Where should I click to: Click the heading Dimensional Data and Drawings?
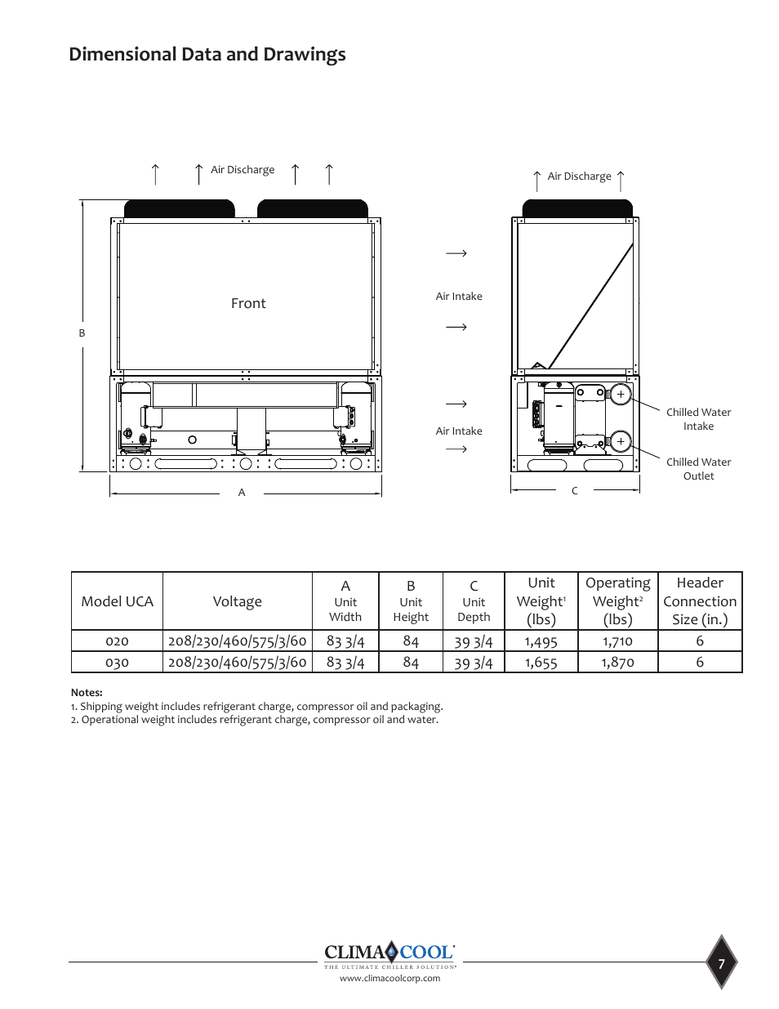pyautogui.click(x=207, y=55)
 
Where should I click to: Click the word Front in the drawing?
pyautogui.click(x=248, y=304)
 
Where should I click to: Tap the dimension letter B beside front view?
pyautogui.click(x=82, y=333)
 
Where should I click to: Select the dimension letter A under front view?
pyautogui.click(x=242, y=493)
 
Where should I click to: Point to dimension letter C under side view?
pyautogui.click(x=575, y=491)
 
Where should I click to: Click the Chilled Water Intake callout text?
pyautogui.click(x=698, y=419)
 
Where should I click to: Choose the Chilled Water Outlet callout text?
pyautogui.click(x=698, y=469)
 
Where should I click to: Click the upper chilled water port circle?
pyautogui.click(x=621, y=395)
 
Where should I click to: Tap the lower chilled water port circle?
pyautogui.click(x=621, y=441)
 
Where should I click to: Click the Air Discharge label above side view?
pyautogui.click(x=579, y=176)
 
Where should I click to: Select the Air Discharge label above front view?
pyautogui.click(x=243, y=170)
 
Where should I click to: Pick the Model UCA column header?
pyautogui.click(x=118, y=601)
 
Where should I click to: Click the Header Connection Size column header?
pyautogui.click(x=700, y=601)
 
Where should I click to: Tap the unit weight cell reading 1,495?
pyautogui.click(x=541, y=642)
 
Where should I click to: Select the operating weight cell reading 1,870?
pyautogui.click(x=617, y=663)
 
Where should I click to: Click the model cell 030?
pyautogui.click(x=117, y=663)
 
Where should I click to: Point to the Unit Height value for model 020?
pyautogui.click(x=411, y=642)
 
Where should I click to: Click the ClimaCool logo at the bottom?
pyautogui.click(x=389, y=953)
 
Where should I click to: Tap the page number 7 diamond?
pyautogui.click(x=721, y=964)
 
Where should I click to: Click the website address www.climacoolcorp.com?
pyautogui.click(x=389, y=979)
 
